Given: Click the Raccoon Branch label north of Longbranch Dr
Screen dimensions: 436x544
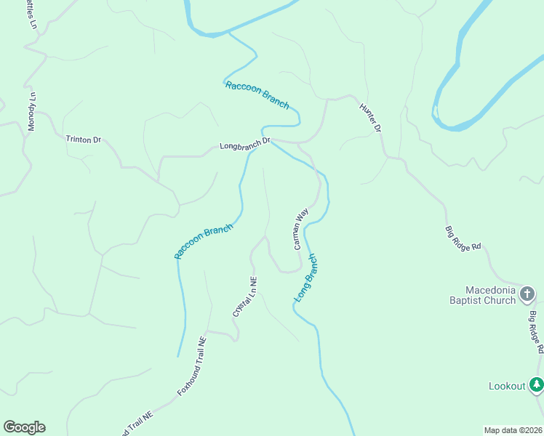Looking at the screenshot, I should (x=257, y=95).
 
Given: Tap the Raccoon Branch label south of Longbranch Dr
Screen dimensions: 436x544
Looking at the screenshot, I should (x=204, y=241).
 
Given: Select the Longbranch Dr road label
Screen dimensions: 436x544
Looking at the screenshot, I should (x=245, y=145).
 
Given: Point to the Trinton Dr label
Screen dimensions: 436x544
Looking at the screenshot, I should (x=83, y=139).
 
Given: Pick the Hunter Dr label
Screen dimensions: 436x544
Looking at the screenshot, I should (x=370, y=117).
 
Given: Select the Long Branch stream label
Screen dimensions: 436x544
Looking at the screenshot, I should (x=306, y=278).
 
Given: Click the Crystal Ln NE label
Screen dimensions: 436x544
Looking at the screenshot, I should (x=244, y=296).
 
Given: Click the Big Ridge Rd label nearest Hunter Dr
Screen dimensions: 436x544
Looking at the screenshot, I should (x=463, y=238).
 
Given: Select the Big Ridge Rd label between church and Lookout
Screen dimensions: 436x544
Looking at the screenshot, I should (x=536, y=332).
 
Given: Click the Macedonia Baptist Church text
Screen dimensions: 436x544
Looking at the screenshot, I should (x=482, y=295).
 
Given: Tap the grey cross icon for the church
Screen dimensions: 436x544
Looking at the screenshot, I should (x=527, y=294).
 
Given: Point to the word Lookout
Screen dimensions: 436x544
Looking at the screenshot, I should (x=506, y=386).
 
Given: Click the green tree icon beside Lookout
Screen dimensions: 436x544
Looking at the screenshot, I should (x=536, y=384).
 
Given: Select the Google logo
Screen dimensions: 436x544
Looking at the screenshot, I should (x=24, y=427).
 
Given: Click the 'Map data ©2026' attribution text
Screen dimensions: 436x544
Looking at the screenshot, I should (x=513, y=429).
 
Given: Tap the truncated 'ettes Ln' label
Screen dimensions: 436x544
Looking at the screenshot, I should (x=33, y=14).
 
